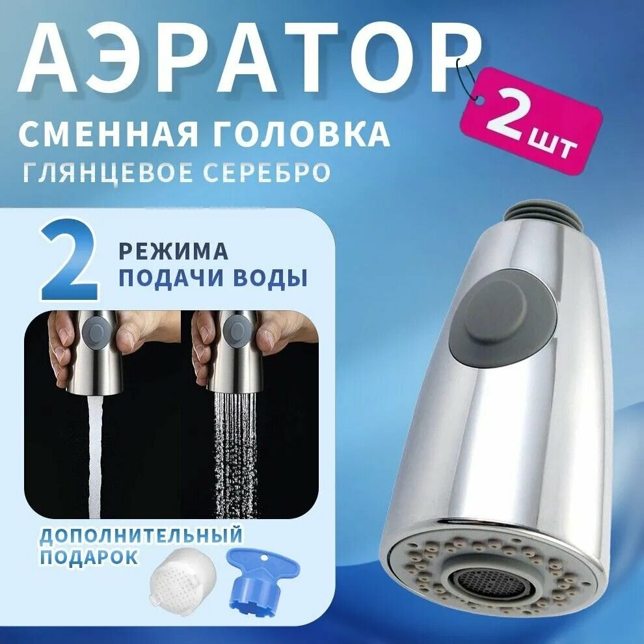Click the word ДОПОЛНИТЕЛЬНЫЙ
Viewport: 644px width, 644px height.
pos(141,536)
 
